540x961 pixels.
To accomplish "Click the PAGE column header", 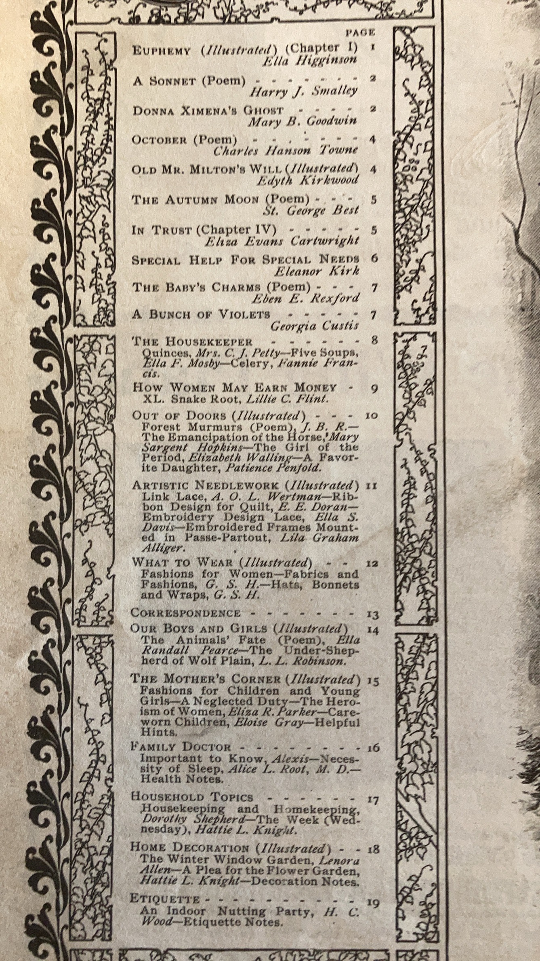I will [360, 32].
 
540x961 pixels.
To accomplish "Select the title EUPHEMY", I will [161, 51].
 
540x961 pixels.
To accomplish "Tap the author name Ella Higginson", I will [309, 60].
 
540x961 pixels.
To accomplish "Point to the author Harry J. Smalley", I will [303, 91].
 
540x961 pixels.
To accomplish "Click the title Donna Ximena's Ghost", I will [208, 111].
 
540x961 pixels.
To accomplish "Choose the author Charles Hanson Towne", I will [285, 150].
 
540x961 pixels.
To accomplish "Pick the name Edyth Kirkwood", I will [308, 180].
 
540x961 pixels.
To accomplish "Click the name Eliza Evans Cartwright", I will [282, 241].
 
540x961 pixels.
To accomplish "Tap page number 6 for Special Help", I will [374, 258].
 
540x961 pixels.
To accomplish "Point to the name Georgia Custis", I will [314, 326].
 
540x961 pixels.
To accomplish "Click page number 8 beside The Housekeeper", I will [374, 340].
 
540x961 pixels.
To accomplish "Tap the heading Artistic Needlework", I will [205, 485].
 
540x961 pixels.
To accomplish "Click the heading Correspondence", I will [186, 613].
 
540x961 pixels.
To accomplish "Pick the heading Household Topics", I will [192, 798].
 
